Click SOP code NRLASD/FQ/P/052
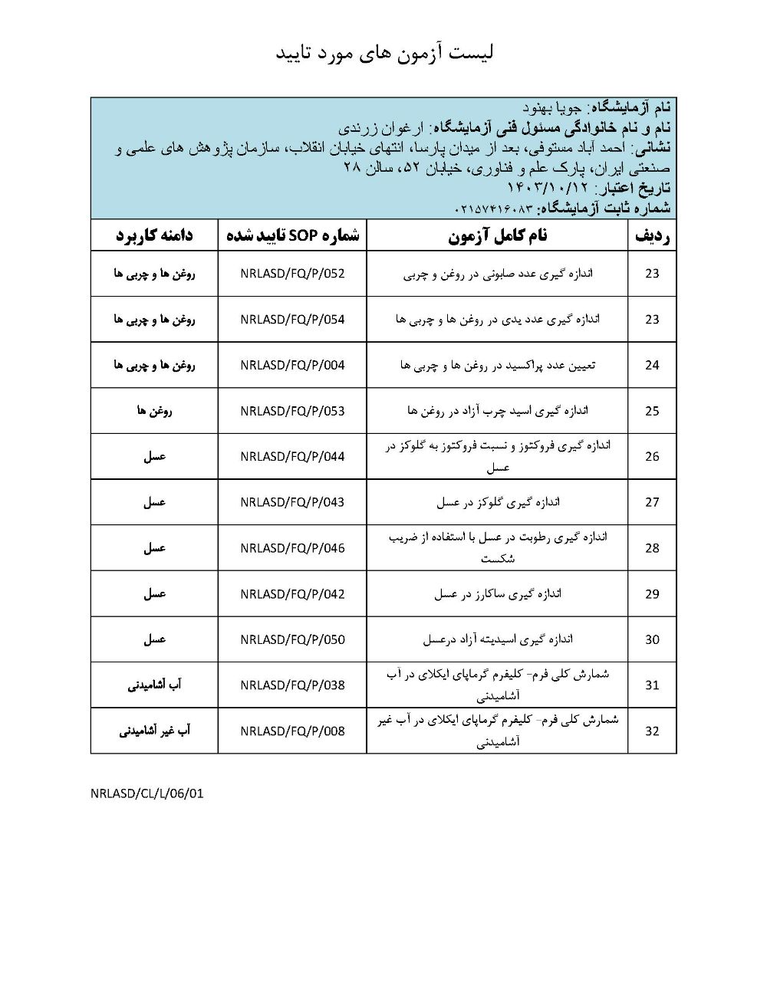292,274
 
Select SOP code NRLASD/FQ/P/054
292,320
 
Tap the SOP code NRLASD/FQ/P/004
292,366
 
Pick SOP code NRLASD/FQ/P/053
292,411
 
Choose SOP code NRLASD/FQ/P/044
292,457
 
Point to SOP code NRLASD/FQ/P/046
292,548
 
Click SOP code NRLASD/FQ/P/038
292,685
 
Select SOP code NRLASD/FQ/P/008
292,731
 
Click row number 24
652,366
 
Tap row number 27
652,503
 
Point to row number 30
652,639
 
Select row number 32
652,731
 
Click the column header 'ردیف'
652,236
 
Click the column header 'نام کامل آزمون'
498,236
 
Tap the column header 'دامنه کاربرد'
154,236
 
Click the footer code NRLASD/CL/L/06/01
147,794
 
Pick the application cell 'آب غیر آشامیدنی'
154,731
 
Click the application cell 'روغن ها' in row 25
154,411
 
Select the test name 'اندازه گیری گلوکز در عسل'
498,503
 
